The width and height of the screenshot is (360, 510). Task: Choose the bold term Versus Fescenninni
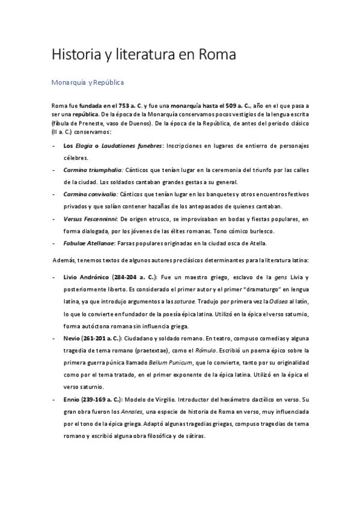click(x=90, y=219)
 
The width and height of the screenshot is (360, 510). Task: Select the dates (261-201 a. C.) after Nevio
click(x=106, y=338)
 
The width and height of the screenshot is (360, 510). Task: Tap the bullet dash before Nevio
click(x=54, y=338)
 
